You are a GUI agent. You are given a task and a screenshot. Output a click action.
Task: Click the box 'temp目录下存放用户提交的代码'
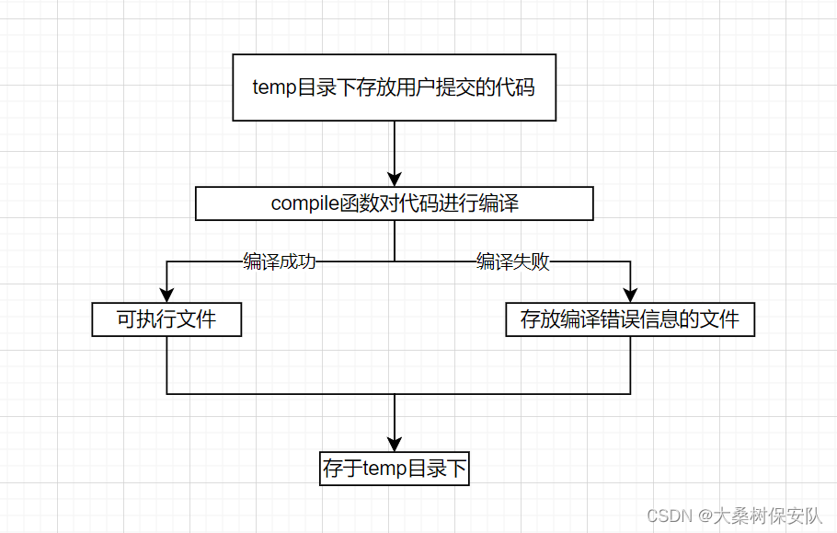394,88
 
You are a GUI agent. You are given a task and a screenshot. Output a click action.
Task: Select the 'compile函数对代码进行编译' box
394,203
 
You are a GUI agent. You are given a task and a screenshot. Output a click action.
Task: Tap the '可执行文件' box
166,320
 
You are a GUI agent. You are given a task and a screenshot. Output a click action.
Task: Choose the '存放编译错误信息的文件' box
630,320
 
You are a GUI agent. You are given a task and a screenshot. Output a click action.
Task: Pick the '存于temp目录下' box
395,469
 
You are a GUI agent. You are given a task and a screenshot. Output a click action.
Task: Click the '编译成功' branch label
280,261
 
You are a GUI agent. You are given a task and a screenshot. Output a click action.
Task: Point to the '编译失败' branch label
513,261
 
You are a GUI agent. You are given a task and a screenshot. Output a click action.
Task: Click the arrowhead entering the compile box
395,179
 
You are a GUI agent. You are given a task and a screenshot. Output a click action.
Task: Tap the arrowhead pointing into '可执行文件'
166,295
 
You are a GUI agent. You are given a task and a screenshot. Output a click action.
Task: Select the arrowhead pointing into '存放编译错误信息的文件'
630,295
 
